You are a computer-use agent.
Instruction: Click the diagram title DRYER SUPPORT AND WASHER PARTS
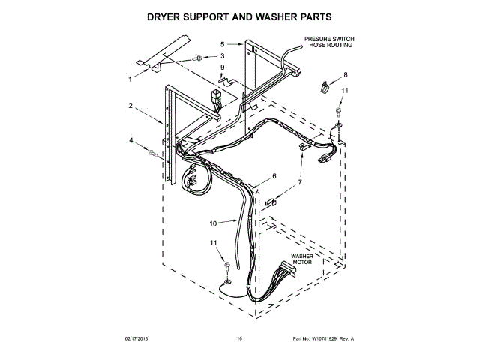(x=239, y=15)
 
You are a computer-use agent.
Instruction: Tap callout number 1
(x=129, y=78)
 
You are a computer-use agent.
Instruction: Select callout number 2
(x=130, y=106)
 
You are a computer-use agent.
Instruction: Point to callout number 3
(x=222, y=56)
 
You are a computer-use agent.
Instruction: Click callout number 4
(x=130, y=140)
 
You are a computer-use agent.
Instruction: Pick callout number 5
(x=222, y=45)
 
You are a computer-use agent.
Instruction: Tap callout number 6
(x=274, y=176)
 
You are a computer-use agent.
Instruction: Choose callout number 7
(x=299, y=182)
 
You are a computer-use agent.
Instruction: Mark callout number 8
(x=346, y=74)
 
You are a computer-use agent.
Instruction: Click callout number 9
(x=222, y=67)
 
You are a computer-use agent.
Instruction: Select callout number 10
(x=212, y=223)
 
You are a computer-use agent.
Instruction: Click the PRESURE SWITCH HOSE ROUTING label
(x=328, y=42)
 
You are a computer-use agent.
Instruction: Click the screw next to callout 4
(x=154, y=153)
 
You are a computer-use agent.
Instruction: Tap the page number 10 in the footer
(x=239, y=339)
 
